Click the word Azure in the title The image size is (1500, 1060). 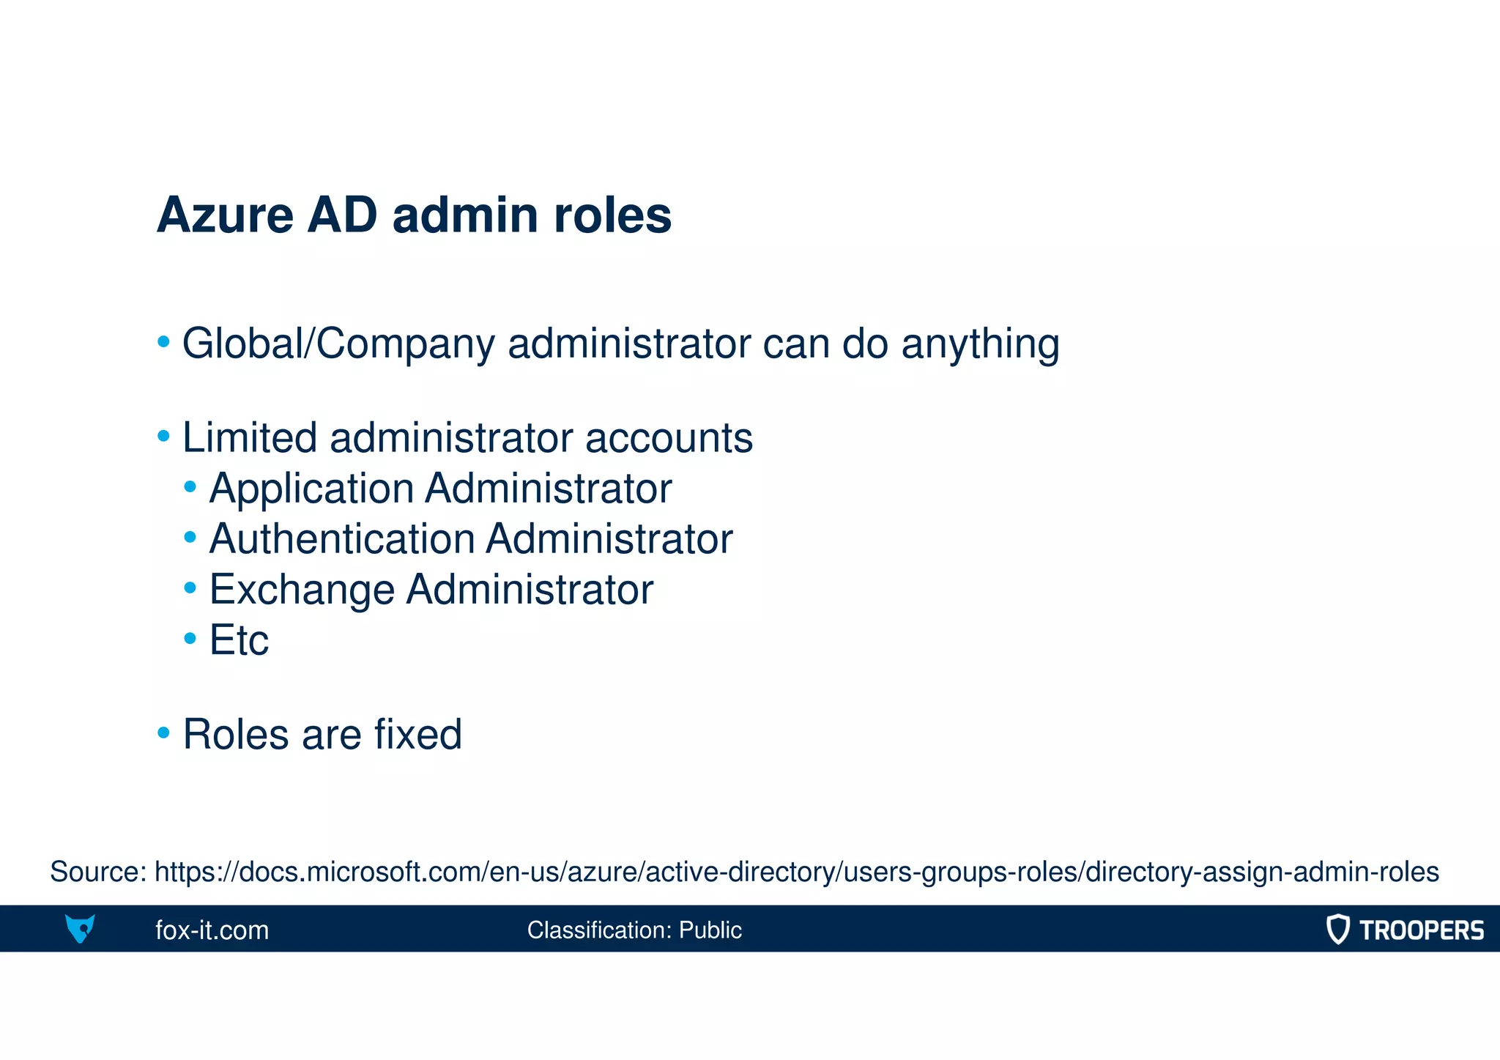(x=225, y=215)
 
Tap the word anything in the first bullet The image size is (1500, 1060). (x=980, y=344)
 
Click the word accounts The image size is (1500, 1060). (x=669, y=438)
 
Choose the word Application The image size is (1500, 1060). (x=311, y=489)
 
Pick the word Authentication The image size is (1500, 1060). (x=342, y=539)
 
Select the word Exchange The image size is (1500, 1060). (x=302, y=590)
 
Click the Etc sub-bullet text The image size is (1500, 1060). (x=239, y=640)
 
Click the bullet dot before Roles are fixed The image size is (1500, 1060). (x=164, y=732)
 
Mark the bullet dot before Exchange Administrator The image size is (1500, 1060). (x=190, y=588)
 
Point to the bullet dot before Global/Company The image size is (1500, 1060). (x=164, y=341)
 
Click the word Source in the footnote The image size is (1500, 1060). (x=97, y=872)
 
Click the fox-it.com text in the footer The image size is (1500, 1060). (x=212, y=930)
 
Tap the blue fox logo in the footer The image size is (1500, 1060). (x=80, y=929)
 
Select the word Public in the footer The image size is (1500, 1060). (x=710, y=930)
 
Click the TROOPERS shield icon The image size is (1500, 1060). (x=1337, y=929)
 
